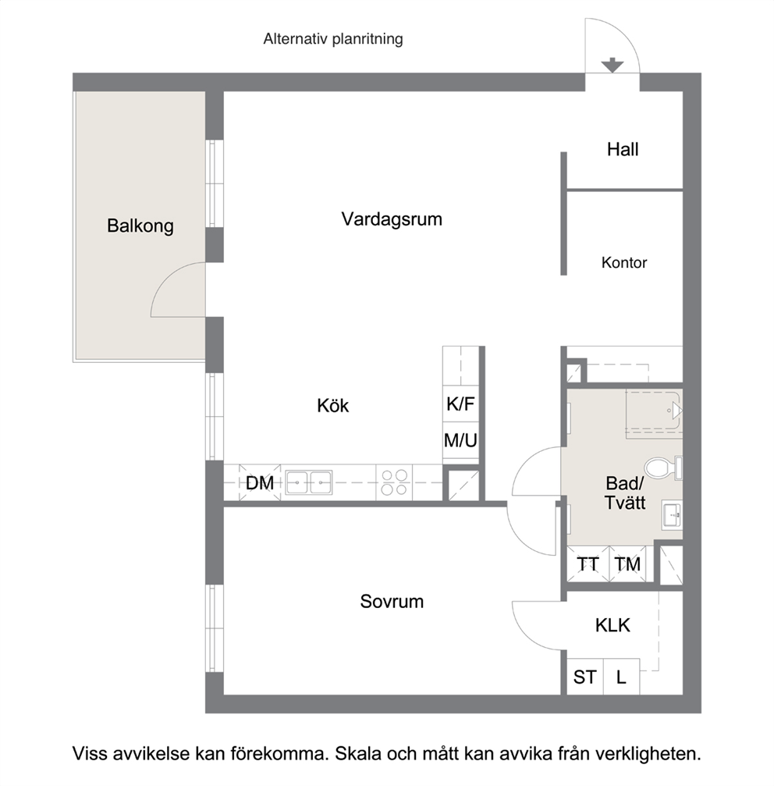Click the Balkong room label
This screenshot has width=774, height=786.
(x=140, y=226)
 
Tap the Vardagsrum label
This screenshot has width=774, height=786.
(x=392, y=219)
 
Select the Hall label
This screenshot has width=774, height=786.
(x=623, y=149)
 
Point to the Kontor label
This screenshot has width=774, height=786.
(x=624, y=262)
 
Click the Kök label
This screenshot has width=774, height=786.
(x=332, y=405)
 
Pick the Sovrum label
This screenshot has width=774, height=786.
(x=392, y=601)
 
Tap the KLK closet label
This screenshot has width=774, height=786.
(x=612, y=625)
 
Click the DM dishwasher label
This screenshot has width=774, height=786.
(x=260, y=482)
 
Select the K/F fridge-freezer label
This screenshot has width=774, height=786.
(x=460, y=404)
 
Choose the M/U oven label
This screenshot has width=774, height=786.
(x=460, y=441)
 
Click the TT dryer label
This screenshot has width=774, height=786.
(x=588, y=564)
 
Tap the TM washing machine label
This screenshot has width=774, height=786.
(x=628, y=564)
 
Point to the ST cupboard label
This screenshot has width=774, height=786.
(x=584, y=678)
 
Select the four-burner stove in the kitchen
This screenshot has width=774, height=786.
(x=394, y=482)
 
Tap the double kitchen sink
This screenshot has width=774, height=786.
(x=309, y=482)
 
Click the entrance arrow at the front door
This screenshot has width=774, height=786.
(x=612, y=65)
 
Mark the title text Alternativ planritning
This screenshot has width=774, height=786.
(x=333, y=38)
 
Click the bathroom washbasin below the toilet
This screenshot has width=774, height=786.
(x=672, y=514)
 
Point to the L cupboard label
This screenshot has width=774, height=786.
(x=621, y=678)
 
